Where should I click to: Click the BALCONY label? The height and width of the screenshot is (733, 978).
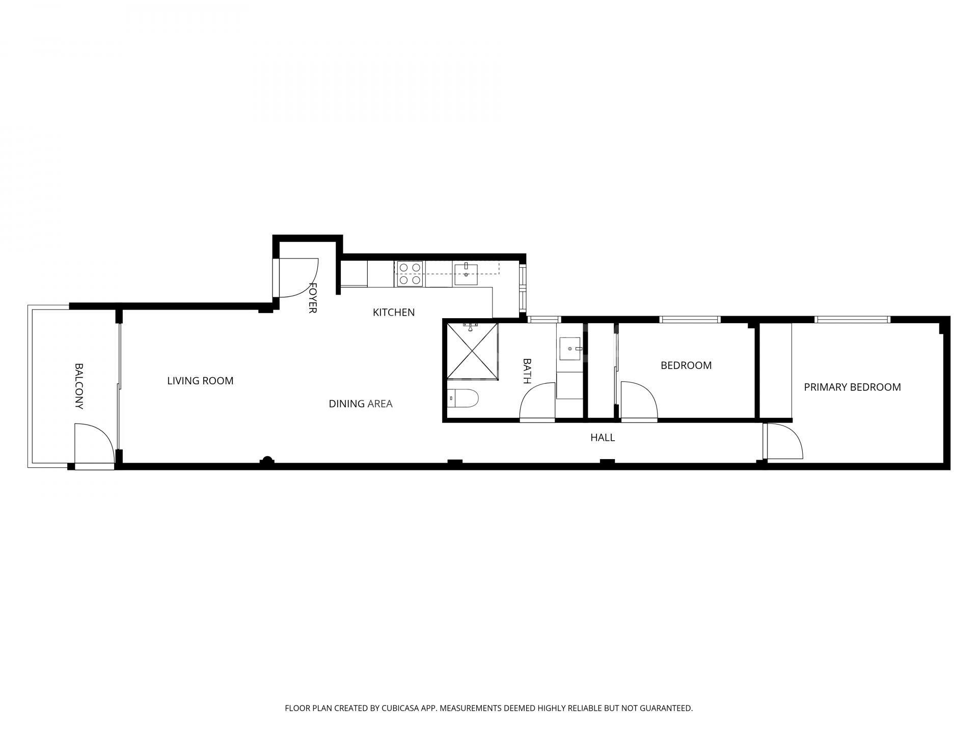pos(79,386)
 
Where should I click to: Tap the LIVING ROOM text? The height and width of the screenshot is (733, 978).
pos(200,381)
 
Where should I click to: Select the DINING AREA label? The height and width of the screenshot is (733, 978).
pos(360,404)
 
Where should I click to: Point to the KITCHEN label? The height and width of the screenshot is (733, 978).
pos(394,313)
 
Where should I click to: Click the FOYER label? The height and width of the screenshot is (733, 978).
pos(313,298)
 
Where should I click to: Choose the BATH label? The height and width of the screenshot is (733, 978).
pos(527,371)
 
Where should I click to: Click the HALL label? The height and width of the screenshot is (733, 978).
pos(603,437)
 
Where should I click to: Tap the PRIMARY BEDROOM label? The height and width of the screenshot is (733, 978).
pos(852,387)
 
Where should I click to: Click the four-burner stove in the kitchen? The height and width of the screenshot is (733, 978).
pos(410,274)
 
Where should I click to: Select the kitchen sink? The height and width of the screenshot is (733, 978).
pos(466,274)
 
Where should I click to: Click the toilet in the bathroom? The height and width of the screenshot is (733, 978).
pos(464,399)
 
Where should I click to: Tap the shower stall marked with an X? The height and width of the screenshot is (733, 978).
pos(472,351)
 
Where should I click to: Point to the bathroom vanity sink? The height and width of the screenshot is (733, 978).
pos(570,349)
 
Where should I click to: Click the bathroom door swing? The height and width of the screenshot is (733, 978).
pos(538,402)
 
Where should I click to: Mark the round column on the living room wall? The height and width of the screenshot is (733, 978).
pos(267,460)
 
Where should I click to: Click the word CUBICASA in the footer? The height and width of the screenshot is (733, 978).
pos(399,708)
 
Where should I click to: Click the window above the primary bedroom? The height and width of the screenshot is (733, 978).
pos(852,320)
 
